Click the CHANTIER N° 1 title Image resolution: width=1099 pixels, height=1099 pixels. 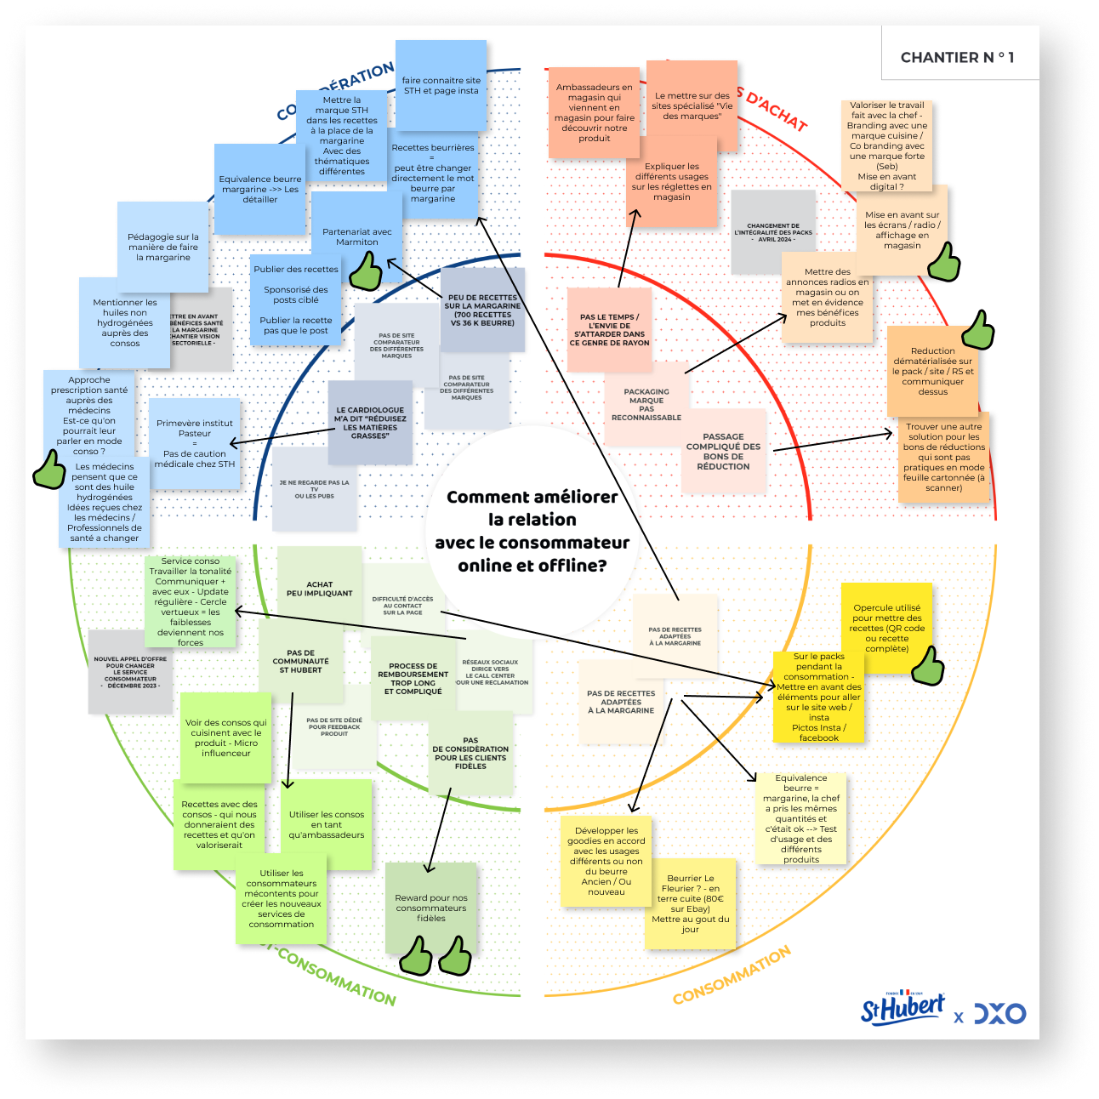(957, 57)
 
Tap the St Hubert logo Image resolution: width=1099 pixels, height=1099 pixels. (903, 1010)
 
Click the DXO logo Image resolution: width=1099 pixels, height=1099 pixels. (999, 1013)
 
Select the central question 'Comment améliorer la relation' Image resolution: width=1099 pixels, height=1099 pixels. (532, 531)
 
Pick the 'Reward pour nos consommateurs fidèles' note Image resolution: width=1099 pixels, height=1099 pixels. (430, 908)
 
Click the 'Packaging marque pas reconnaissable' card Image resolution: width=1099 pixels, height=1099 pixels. (646, 404)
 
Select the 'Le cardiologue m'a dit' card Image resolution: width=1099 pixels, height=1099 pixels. (370, 423)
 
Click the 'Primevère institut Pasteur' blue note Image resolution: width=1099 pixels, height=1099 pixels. (195, 443)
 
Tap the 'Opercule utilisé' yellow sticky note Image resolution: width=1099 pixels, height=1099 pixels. (886, 628)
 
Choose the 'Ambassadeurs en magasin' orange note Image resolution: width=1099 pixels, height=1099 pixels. (594, 112)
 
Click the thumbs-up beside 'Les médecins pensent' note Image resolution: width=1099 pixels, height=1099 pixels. (49, 470)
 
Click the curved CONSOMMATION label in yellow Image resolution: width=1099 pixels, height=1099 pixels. (732, 975)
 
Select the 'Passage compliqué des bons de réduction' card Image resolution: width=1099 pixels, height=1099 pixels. (723, 452)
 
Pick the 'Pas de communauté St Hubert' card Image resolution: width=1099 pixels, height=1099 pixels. (301, 662)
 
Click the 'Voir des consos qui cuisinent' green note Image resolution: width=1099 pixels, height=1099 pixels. (225, 737)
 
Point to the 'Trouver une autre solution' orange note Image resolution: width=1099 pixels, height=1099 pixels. (943, 458)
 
